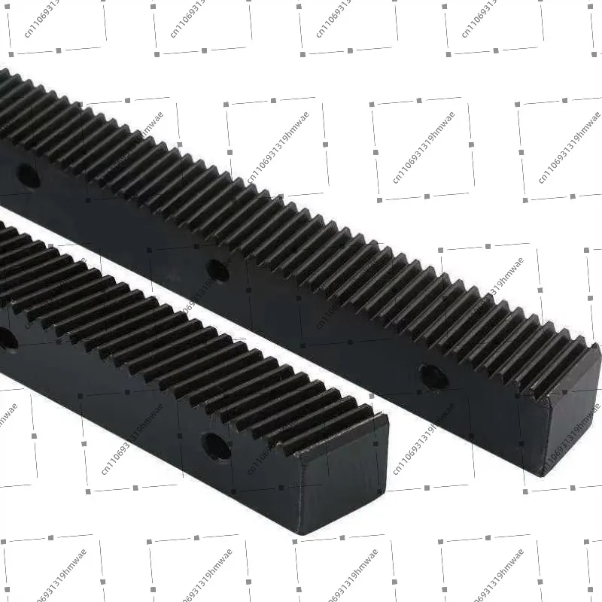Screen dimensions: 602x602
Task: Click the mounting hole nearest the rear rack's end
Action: (433, 376)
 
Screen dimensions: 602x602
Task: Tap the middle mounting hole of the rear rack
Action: (217, 270)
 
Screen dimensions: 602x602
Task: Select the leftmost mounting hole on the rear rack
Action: (28, 176)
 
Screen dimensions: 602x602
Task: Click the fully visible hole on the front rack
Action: (216, 446)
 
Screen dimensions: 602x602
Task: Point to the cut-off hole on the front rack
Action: (6, 340)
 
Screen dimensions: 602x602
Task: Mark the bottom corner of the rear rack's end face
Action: (541, 474)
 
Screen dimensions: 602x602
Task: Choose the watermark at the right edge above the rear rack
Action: (568, 147)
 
